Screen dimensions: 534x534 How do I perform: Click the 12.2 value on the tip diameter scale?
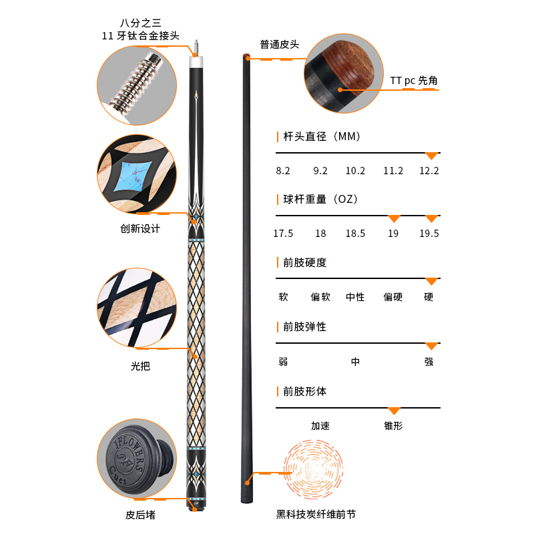click(x=429, y=171)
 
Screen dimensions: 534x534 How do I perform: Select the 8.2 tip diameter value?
click(x=283, y=171)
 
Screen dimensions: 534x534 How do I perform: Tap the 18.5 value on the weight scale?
click(x=355, y=233)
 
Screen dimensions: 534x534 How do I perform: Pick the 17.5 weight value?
click(x=283, y=233)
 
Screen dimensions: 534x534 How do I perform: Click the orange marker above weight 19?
click(x=394, y=219)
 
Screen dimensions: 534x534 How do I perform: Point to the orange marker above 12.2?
click(x=431, y=156)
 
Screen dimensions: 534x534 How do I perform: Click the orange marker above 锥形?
click(x=394, y=411)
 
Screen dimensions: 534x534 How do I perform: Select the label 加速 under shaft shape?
click(x=320, y=426)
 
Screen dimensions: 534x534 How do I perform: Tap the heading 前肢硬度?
click(x=305, y=262)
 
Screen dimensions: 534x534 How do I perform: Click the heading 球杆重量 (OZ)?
click(x=320, y=199)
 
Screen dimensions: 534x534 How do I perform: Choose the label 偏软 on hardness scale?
click(x=320, y=297)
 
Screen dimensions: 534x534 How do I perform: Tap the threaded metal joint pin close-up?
click(x=136, y=79)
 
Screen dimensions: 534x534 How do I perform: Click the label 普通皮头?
click(x=280, y=45)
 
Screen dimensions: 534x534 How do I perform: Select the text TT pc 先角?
click(x=414, y=81)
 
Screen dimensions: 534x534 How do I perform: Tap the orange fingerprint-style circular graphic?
click(x=313, y=470)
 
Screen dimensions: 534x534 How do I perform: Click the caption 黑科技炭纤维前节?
click(x=316, y=514)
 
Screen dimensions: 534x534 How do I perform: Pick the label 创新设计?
click(x=140, y=228)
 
